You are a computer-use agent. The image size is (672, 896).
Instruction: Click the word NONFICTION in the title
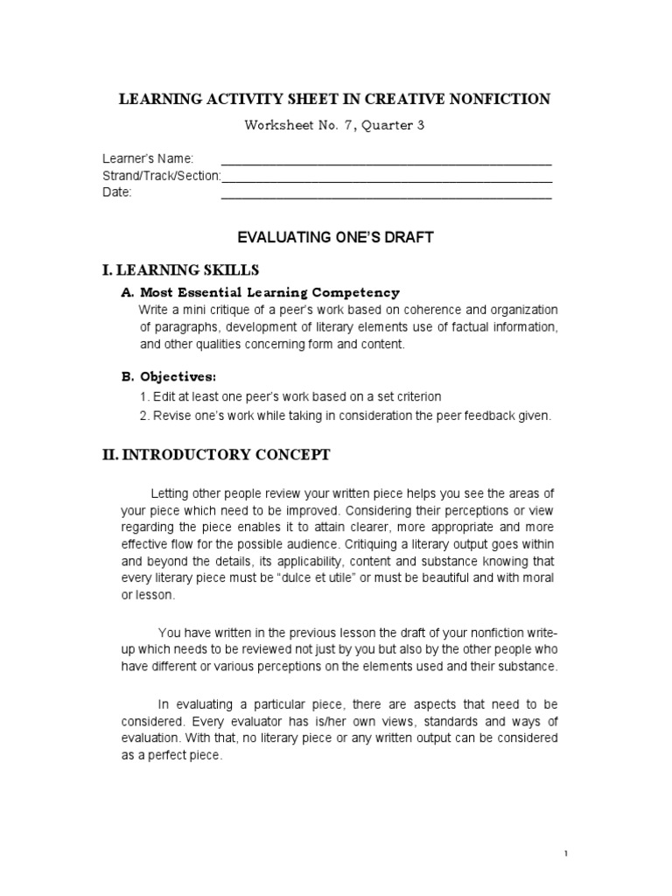pyautogui.click(x=500, y=99)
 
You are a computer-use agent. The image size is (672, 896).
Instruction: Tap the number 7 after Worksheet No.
pyautogui.click(x=349, y=126)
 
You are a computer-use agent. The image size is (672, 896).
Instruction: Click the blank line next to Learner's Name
pyautogui.click(x=386, y=159)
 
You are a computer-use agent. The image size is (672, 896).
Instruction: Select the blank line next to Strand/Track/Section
pyautogui.click(x=386, y=176)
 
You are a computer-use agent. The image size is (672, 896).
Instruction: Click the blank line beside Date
pyautogui.click(x=386, y=193)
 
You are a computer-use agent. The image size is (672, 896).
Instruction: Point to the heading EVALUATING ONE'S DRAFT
pyautogui.click(x=336, y=237)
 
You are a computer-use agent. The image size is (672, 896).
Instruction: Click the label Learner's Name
pyautogui.click(x=148, y=159)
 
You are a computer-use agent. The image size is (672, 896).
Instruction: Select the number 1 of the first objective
pyautogui.click(x=143, y=396)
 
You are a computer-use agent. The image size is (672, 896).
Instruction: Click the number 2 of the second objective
pyautogui.click(x=143, y=416)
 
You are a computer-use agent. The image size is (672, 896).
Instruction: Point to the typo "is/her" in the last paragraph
pyautogui.click(x=327, y=721)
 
